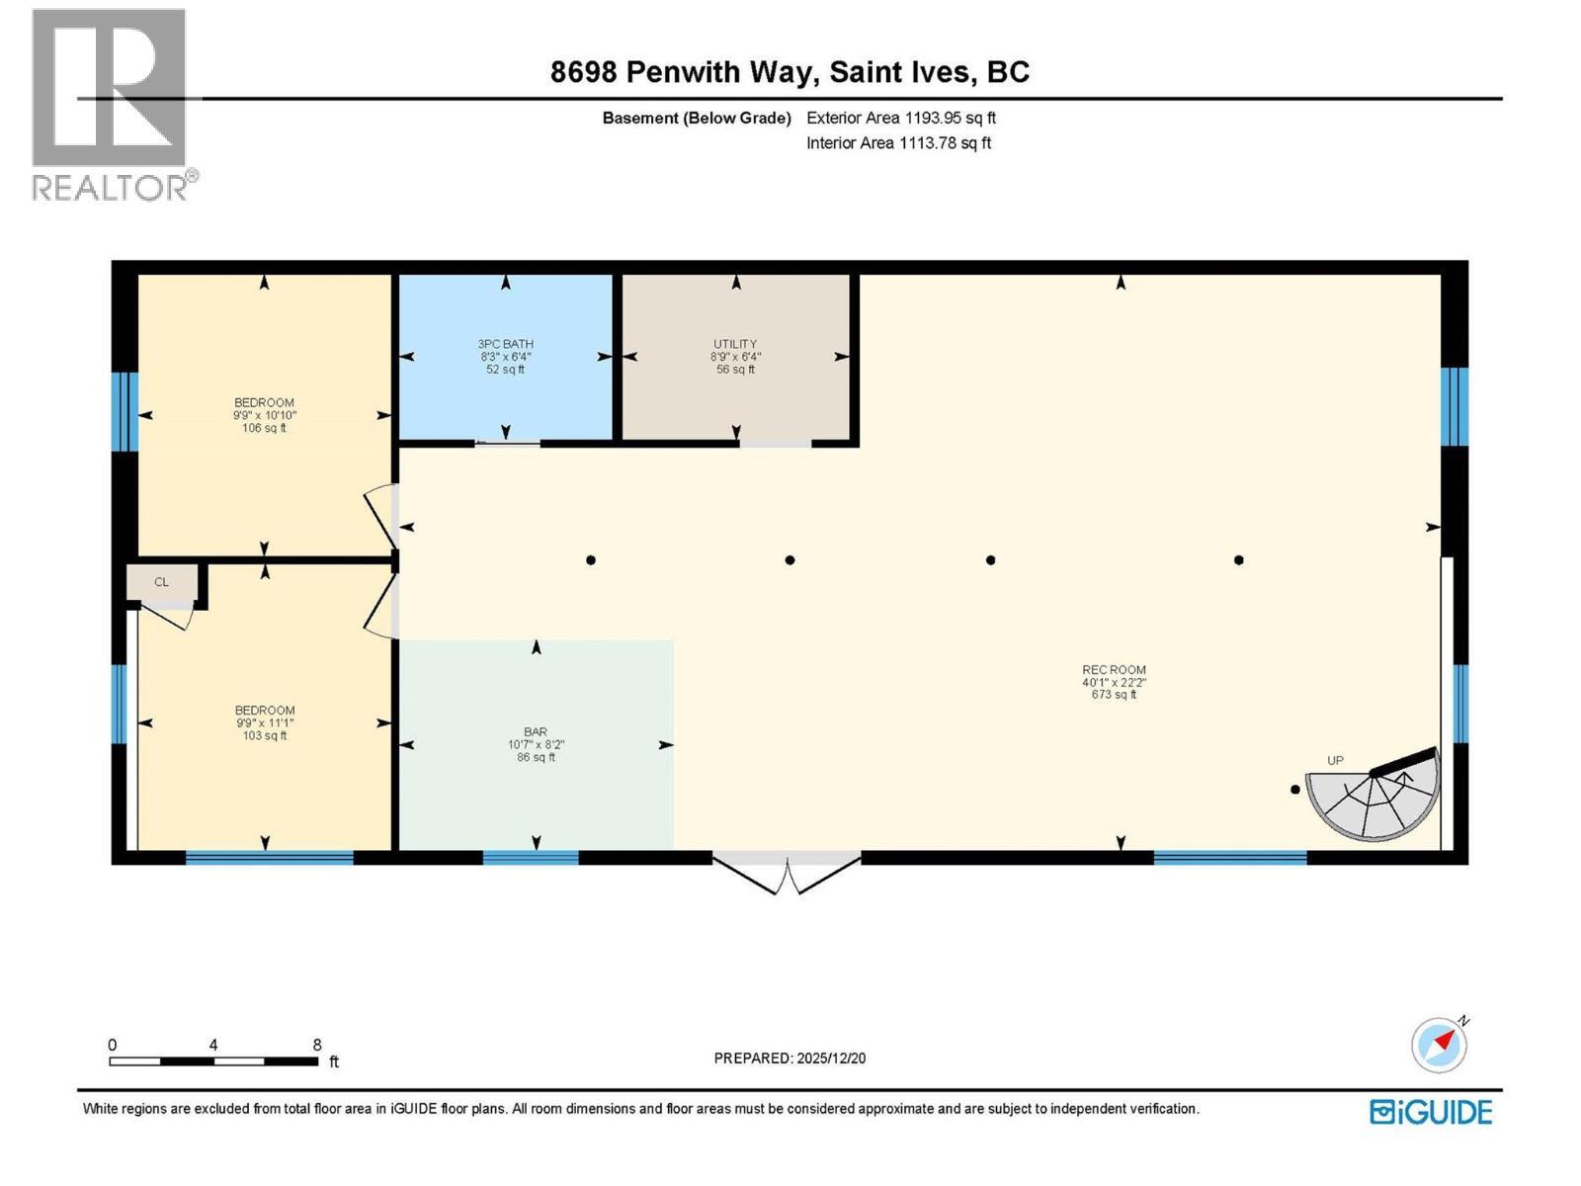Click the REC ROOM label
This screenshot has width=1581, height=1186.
coord(1114,670)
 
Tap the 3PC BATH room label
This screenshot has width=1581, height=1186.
coord(505,345)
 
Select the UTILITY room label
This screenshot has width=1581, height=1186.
coord(735,345)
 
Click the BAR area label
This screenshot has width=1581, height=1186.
coord(536,733)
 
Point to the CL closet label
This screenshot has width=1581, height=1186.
coord(161,583)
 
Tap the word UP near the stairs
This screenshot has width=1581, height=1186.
coord(1335,761)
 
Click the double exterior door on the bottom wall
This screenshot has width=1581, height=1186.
coord(787,872)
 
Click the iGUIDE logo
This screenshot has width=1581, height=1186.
coord(1431,1112)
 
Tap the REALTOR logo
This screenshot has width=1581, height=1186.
coord(111,104)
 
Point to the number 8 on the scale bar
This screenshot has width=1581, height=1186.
coord(317,1045)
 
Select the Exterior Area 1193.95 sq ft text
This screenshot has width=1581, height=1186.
coord(900,118)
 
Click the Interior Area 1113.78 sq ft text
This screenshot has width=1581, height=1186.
coord(898,143)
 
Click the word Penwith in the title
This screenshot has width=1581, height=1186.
coord(687,72)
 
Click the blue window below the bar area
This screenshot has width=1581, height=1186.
coord(531,858)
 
